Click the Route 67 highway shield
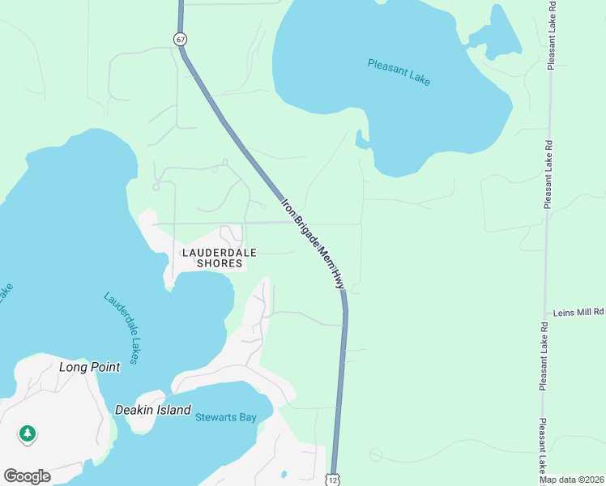click(179, 39)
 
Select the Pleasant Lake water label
click(399, 72)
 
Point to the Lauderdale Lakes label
click(122, 327)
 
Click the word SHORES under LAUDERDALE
click(213, 263)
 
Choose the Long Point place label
click(89, 367)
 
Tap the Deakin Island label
click(152, 410)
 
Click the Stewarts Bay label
click(225, 418)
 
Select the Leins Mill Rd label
click(578, 312)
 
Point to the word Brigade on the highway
click(304, 228)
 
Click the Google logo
click(27, 476)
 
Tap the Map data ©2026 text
click(571, 480)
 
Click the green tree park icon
click(28, 434)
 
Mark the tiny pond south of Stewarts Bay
click(284, 473)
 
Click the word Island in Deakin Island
click(174, 410)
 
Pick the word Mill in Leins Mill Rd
click(583, 312)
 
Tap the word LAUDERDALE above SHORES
click(213, 252)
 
